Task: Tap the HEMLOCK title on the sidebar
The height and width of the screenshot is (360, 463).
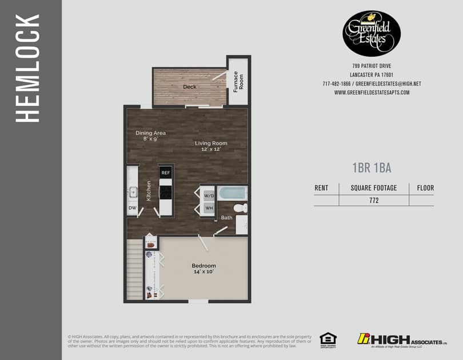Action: (27, 69)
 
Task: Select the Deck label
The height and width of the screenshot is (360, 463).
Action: (190, 87)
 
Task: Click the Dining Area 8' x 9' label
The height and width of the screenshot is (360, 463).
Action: (150, 135)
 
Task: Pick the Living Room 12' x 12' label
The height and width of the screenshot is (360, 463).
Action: (211, 146)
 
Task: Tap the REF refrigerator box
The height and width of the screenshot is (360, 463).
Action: (166, 173)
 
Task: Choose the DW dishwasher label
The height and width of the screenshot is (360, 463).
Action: (132, 208)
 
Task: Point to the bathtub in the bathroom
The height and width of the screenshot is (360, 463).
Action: (232, 193)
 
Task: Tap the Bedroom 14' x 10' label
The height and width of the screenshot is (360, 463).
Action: (203, 269)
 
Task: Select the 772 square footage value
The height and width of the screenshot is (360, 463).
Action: (374, 201)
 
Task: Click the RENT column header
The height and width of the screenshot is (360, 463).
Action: (321, 187)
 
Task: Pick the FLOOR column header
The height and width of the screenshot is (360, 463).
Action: (425, 187)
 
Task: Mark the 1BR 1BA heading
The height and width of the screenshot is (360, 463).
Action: (372, 167)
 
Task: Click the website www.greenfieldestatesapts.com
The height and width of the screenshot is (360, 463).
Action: (372, 93)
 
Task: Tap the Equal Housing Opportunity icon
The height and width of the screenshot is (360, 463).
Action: (328, 339)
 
